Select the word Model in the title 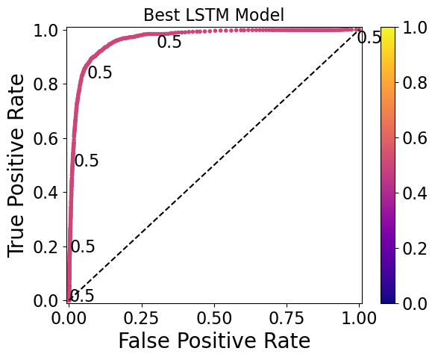pos(260,14)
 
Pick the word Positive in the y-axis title pos(17,164)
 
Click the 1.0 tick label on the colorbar pos(416,28)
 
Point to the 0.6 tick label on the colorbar pos(416,137)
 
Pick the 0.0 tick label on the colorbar pos(416,302)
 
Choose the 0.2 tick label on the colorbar pos(416,248)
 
